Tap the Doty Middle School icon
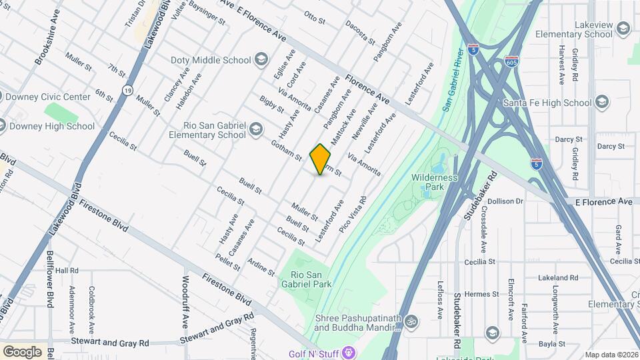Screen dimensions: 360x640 coord(261,61)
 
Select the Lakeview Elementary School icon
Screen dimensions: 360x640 coord(623,29)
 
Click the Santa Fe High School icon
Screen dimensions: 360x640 coord(602,103)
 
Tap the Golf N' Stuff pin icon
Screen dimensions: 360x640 coord(351,351)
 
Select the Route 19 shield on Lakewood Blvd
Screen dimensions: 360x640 coord(127,89)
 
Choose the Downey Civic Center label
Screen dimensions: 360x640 coord(47,97)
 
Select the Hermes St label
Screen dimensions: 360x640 coord(481,294)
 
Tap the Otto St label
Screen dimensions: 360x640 coord(314,17)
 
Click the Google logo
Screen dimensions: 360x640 coord(22,351)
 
